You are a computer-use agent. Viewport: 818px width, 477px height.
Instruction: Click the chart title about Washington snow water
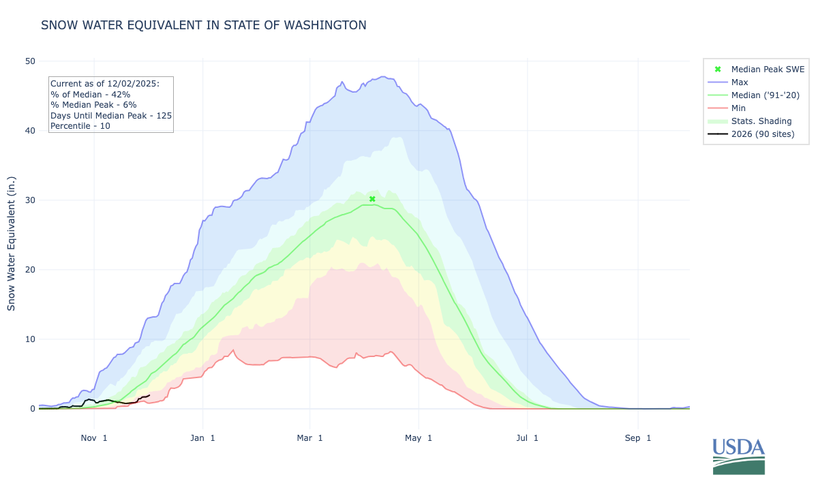coord(203,25)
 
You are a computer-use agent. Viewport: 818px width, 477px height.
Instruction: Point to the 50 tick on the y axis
coord(30,61)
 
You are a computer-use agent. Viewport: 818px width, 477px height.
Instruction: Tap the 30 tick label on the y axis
coord(30,200)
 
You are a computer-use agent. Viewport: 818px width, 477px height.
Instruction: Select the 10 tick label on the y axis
coord(30,339)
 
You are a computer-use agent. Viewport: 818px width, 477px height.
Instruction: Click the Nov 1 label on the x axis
coord(93,438)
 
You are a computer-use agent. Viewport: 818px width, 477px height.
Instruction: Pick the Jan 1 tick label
coord(202,438)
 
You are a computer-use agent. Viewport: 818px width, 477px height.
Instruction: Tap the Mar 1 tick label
coord(309,438)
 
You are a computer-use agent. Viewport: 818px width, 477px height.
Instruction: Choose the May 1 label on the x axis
coord(419,438)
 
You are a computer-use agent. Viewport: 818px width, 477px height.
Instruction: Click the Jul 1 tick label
coord(527,438)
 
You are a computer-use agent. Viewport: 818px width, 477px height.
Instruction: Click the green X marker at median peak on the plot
coord(372,199)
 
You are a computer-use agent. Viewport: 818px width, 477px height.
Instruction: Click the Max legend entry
coord(740,82)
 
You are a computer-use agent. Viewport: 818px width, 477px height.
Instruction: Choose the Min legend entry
coord(738,108)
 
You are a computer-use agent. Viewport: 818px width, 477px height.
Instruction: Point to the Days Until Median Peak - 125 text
coord(111,116)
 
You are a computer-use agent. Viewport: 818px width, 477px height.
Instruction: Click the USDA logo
coord(738,456)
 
